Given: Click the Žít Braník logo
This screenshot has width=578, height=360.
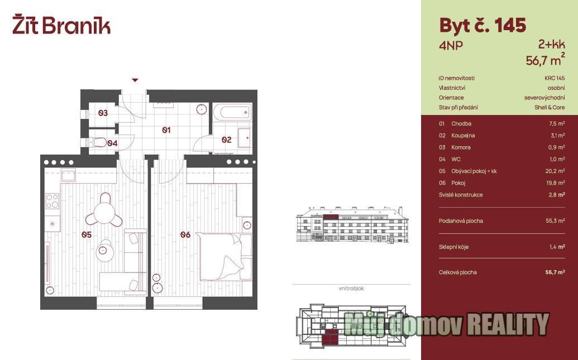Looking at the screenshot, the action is click(x=61, y=25).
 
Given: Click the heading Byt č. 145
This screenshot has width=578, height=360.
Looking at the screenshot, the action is click(x=483, y=26).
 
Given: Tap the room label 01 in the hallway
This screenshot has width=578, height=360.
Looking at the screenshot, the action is click(x=166, y=129).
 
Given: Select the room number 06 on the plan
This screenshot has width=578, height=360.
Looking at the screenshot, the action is click(x=185, y=234).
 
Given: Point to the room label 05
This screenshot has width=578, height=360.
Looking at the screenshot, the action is click(x=87, y=234).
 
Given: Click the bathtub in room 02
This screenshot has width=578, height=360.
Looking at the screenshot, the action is click(x=232, y=112).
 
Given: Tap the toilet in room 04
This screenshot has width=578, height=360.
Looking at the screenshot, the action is click(x=97, y=142).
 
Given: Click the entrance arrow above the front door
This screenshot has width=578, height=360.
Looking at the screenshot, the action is click(x=135, y=80).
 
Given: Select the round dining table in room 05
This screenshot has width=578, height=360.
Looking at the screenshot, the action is click(x=104, y=213).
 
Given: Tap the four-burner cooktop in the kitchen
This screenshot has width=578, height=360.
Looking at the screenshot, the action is click(x=52, y=201).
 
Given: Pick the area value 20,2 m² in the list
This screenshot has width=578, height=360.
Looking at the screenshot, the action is click(x=557, y=171).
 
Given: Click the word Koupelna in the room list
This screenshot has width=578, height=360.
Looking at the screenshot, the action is click(x=463, y=135).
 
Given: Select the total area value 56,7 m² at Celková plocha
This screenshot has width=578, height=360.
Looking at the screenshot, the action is click(x=555, y=272).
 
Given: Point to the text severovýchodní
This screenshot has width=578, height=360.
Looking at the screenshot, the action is click(x=544, y=98).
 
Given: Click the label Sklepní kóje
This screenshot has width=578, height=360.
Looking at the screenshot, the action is click(x=453, y=247).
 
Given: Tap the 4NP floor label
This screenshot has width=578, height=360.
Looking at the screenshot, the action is click(x=451, y=46).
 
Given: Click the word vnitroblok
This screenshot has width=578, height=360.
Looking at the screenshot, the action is click(x=351, y=289).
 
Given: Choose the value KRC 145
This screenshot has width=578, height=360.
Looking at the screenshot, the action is click(x=555, y=78).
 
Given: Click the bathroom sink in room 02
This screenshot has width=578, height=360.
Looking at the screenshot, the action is click(x=245, y=138).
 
